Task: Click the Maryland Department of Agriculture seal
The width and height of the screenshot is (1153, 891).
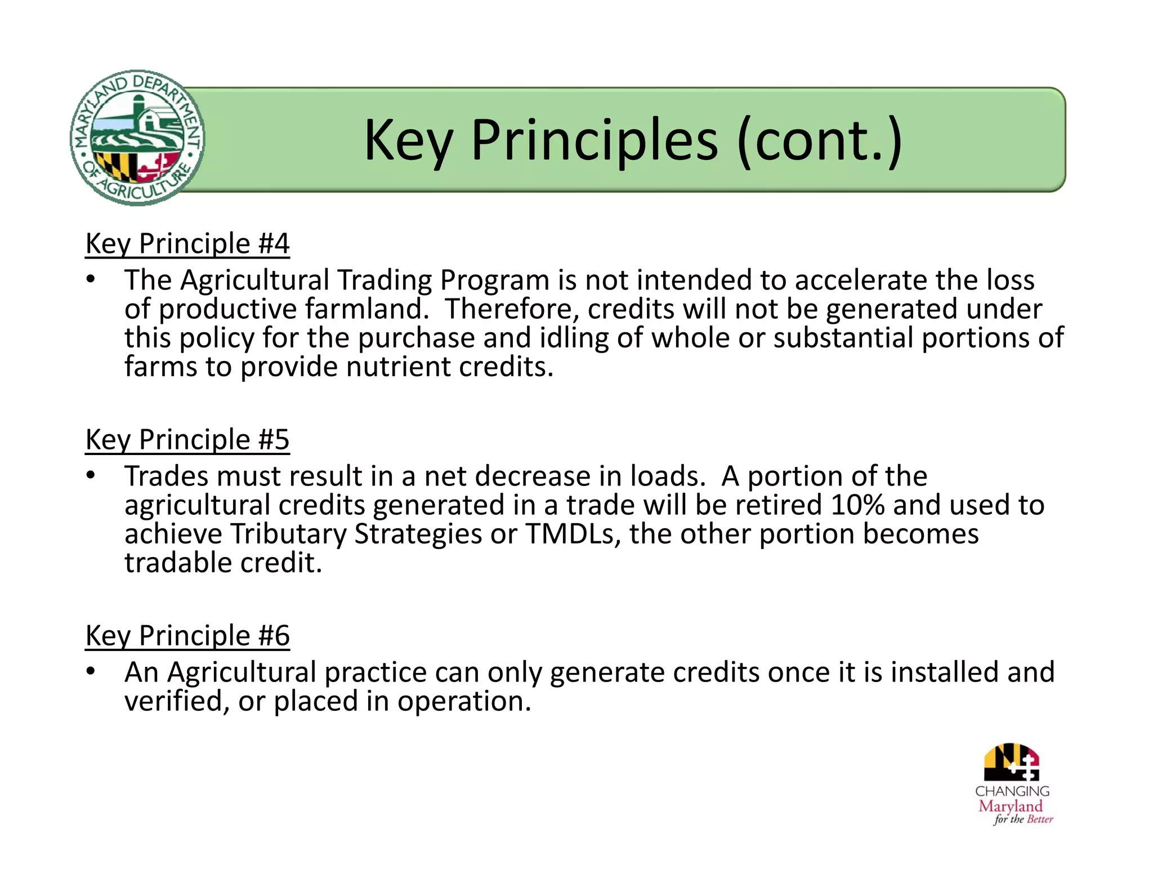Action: pos(137,138)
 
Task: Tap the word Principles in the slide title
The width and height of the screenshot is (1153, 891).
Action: pos(594,140)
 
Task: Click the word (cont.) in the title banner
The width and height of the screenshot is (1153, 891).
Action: pos(819,140)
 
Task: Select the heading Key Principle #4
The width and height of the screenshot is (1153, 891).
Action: pos(187,244)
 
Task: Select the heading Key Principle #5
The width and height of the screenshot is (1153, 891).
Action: pos(187,440)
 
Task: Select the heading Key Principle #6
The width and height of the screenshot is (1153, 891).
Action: pos(187,636)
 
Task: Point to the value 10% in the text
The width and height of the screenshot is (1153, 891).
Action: pos(857,505)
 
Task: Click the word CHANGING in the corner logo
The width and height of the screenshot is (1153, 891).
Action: pos(1012,791)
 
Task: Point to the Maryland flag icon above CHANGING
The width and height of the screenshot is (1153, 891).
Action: pos(1012,761)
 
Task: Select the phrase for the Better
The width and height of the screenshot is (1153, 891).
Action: pos(1023,819)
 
